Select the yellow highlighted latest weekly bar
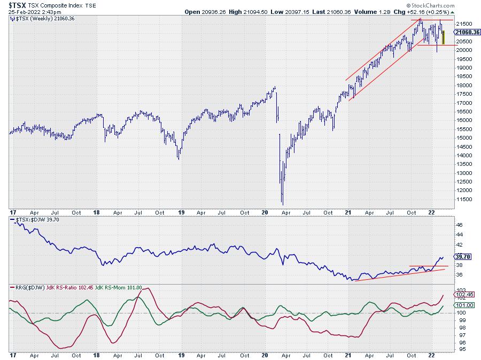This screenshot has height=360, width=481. click(443, 37)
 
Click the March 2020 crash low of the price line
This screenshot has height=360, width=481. click(282, 203)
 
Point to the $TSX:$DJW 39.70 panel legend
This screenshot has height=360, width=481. click(34, 219)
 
